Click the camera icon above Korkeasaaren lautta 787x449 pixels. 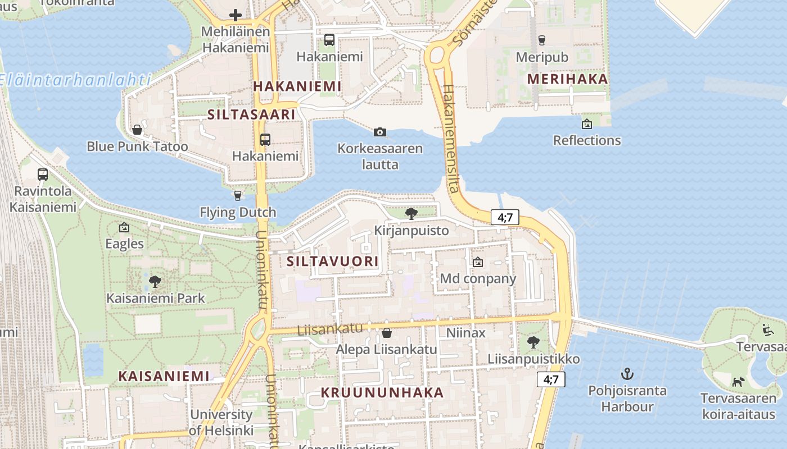(x=380, y=132)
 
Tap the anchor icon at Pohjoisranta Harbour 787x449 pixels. (x=627, y=373)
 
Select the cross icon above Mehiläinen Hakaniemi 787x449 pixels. (x=236, y=15)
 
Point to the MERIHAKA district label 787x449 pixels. (x=568, y=79)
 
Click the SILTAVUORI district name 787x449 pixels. (x=333, y=261)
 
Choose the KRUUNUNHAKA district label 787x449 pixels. (x=382, y=392)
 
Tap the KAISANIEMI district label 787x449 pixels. (x=164, y=376)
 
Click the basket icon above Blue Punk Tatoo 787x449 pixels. (x=137, y=130)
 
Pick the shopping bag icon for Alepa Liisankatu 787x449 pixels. (x=386, y=333)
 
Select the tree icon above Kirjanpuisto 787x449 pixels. (x=411, y=213)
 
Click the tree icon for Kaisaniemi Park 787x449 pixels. (x=155, y=281)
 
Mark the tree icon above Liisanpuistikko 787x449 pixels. (x=533, y=342)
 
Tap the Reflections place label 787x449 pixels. (x=587, y=140)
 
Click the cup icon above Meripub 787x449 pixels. (x=541, y=40)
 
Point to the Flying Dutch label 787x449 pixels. (x=238, y=212)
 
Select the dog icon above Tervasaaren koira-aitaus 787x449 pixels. (x=738, y=382)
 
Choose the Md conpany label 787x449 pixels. (x=478, y=278)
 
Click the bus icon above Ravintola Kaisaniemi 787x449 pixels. (x=43, y=174)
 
